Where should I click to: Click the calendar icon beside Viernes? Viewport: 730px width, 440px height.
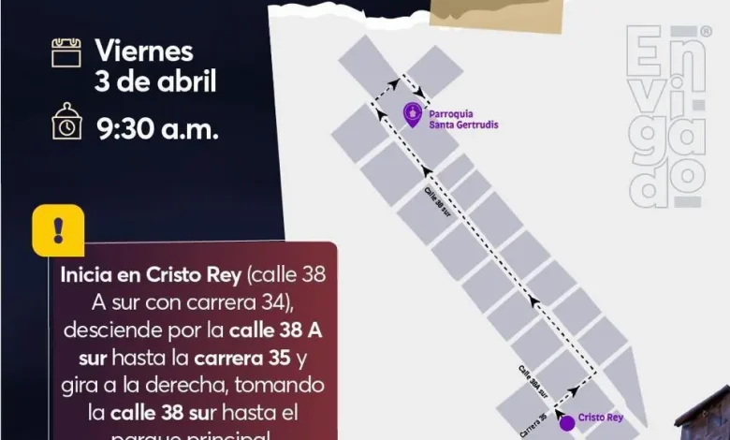coord(66,51)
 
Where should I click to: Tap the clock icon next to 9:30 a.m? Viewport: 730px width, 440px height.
coord(66,121)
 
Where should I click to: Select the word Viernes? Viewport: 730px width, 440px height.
coord(144,51)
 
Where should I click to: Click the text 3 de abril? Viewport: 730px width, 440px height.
coord(155,81)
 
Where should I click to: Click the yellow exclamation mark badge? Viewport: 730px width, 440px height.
coord(58,230)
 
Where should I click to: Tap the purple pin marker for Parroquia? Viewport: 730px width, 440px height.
coord(412,114)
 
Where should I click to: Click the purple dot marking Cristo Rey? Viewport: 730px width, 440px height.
coord(566,422)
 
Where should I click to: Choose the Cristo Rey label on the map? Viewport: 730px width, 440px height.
coord(600,418)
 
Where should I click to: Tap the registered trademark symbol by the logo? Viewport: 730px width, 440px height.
coord(706,31)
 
